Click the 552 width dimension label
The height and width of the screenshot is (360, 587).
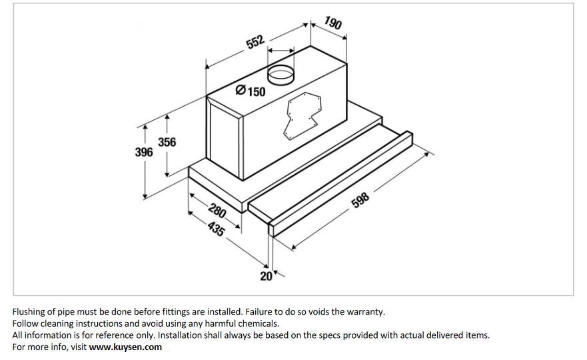point(255,43)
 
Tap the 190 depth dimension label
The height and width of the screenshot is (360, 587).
point(333,23)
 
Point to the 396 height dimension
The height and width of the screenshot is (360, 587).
point(144,152)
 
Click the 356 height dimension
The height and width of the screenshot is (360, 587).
point(167,142)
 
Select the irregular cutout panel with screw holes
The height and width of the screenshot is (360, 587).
point(303,115)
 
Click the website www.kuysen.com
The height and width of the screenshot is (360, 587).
point(125,347)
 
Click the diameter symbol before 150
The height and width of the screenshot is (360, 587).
point(241,90)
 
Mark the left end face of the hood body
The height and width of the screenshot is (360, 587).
point(224,140)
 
